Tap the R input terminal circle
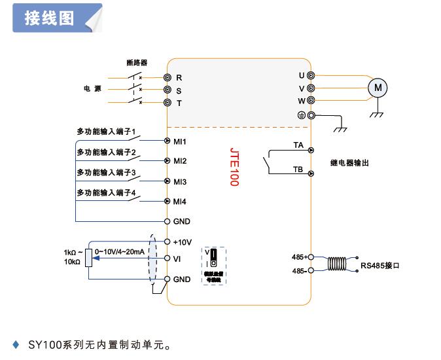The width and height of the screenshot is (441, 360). point(168,77)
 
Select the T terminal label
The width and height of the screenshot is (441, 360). point(179,103)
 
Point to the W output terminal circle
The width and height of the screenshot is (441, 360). point(311,101)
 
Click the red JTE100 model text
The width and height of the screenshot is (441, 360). point(234,166)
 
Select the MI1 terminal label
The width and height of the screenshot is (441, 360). point(180,141)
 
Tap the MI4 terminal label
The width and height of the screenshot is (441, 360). point(180,202)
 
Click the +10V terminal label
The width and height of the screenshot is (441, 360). point(183,242)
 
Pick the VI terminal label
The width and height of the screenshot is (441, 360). point(177,259)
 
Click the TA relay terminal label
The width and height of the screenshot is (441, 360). point(298,144)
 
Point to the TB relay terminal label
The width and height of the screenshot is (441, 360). point(298,169)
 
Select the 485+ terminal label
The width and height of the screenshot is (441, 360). point(299,257)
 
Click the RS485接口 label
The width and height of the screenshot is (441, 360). point(380,266)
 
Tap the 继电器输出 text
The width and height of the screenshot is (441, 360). point(351,162)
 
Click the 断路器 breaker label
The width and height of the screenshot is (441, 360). point(137,63)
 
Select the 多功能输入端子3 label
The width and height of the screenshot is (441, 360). point(106,173)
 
